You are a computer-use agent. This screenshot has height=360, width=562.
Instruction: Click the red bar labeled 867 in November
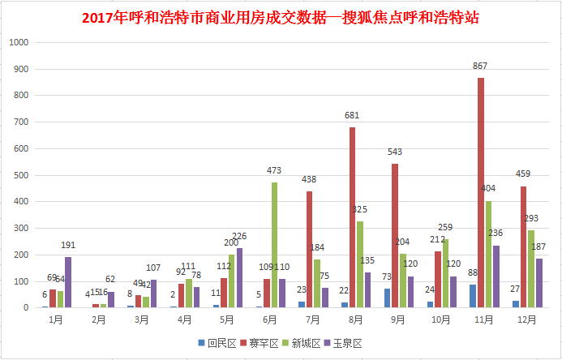(481, 192)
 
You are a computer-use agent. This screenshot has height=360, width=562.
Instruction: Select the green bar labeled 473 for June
(275, 245)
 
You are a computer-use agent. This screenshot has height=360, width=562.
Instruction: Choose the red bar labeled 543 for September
(396, 236)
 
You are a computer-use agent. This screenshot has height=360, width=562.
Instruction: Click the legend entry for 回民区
(218, 344)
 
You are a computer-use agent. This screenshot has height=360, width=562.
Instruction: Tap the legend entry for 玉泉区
(345, 344)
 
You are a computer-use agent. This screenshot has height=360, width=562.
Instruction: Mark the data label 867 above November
(481, 65)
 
